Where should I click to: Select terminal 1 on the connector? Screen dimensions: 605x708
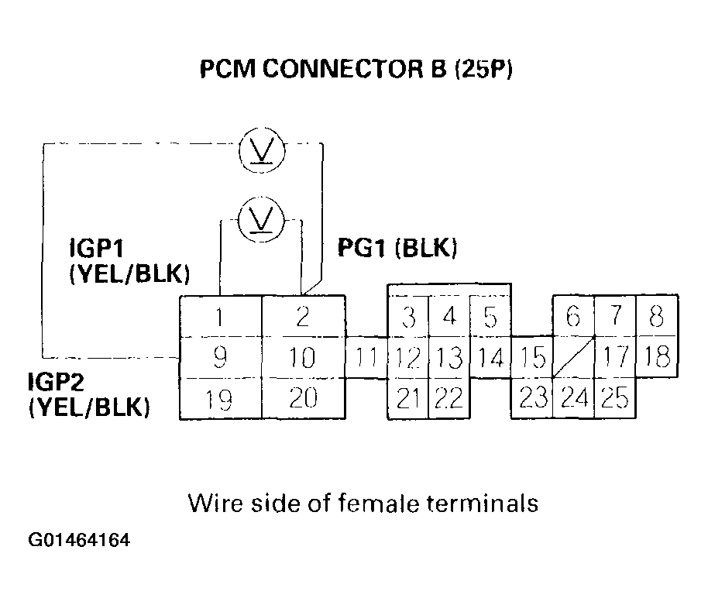pyautogui.click(x=221, y=316)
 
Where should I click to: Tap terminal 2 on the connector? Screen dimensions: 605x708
pyautogui.click(x=304, y=316)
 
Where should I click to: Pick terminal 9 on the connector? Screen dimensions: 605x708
pyautogui.click(x=221, y=357)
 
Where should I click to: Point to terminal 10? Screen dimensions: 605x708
pyautogui.click(x=304, y=357)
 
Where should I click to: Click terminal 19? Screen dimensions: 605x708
pyautogui.click(x=221, y=399)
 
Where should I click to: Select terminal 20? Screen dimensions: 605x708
pyautogui.click(x=304, y=399)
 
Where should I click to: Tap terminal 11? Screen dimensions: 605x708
pyautogui.click(x=366, y=358)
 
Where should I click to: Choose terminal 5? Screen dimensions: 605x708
pyautogui.click(x=490, y=318)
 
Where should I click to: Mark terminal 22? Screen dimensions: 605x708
pyautogui.click(x=449, y=399)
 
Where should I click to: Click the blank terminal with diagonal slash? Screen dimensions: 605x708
pyautogui.click(x=573, y=358)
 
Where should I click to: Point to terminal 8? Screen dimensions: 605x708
pyautogui.click(x=657, y=316)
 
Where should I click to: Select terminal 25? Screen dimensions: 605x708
pyautogui.click(x=615, y=399)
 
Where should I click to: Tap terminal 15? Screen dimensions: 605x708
pyautogui.click(x=531, y=358)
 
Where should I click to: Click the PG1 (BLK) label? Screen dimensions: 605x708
pyautogui.click(x=397, y=248)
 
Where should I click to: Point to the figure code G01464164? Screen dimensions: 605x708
pyautogui.click(x=79, y=539)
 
